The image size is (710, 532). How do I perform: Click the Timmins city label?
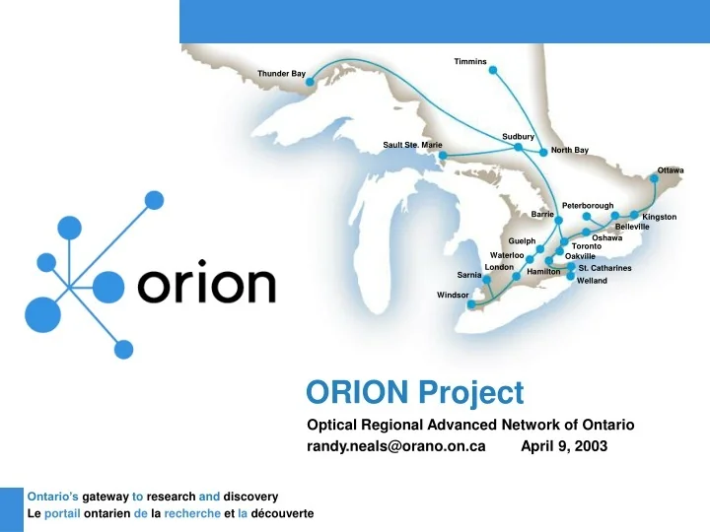[x=470, y=62]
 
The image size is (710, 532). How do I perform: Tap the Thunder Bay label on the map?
[x=281, y=74]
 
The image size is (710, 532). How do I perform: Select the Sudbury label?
[x=518, y=136]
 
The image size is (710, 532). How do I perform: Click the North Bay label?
[x=570, y=151]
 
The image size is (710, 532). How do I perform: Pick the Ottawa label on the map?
[x=671, y=170]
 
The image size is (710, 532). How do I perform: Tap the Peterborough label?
[x=588, y=205]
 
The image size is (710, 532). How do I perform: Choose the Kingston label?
[x=659, y=217]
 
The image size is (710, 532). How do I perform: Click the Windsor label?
[x=453, y=295]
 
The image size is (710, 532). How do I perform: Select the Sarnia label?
[x=469, y=275]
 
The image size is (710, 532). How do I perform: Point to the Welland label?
[x=592, y=281]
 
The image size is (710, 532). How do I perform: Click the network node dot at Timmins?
[x=494, y=70]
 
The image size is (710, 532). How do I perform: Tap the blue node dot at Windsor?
[x=472, y=304]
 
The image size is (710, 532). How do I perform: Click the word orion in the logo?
[x=207, y=286]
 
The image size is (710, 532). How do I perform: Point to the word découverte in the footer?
[x=279, y=514]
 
